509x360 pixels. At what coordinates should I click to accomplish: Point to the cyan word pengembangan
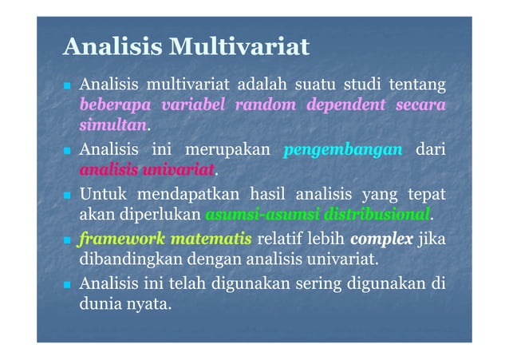(x=342, y=149)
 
